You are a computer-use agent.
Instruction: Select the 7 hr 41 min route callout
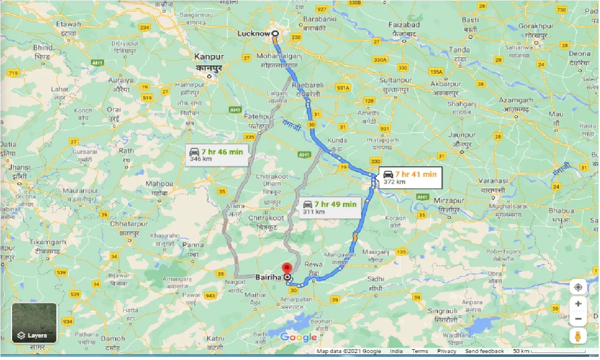(409, 178)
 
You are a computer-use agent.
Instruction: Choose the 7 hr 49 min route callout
(330, 207)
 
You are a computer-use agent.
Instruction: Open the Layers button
(34, 322)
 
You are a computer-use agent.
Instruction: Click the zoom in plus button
(578, 304)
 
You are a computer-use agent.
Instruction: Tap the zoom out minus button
(578, 319)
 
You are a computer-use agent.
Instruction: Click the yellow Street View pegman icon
(578, 336)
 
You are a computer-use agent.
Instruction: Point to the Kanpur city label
(210, 57)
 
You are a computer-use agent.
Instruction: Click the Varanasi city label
(492, 180)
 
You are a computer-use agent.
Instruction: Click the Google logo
(299, 337)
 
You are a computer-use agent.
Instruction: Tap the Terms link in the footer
(420, 351)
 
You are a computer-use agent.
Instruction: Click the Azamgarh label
(516, 100)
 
